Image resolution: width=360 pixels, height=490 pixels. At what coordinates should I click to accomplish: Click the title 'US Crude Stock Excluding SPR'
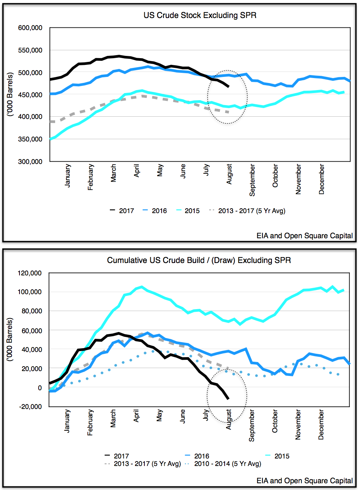click(200, 15)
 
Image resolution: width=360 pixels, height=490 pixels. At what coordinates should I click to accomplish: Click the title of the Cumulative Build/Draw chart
click(199, 260)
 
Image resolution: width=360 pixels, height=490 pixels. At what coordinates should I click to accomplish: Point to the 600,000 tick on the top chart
click(30, 28)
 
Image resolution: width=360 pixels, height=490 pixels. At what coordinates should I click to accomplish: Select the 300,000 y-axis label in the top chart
click(30, 161)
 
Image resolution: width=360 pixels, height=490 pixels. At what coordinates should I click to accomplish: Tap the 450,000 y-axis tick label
click(30, 95)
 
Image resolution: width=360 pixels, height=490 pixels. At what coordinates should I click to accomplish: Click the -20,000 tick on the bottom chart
click(30, 407)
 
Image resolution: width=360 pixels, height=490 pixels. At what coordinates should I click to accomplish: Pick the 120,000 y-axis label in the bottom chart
click(30, 273)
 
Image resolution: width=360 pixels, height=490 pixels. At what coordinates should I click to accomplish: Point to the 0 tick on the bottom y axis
click(40, 388)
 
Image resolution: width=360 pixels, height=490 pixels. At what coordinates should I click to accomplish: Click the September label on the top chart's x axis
click(252, 180)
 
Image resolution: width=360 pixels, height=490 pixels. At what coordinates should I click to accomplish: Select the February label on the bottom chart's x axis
click(90, 422)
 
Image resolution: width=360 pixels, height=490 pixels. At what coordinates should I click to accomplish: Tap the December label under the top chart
click(322, 179)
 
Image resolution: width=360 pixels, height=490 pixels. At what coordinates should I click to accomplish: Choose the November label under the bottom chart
click(298, 424)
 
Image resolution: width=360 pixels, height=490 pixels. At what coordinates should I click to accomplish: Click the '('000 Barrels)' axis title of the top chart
click(10, 94)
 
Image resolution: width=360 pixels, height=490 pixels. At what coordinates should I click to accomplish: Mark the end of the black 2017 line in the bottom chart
click(228, 398)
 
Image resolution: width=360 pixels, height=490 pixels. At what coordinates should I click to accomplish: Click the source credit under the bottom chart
click(304, 481)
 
